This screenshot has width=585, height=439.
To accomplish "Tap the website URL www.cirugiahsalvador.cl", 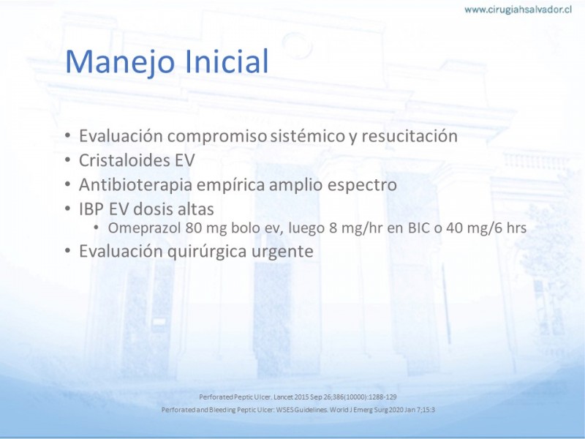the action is coord(518,10).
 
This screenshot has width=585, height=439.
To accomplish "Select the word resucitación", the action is coord(409,135).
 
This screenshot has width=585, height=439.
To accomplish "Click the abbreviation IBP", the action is coord(91,209).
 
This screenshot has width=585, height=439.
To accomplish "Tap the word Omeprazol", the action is coord(144,228).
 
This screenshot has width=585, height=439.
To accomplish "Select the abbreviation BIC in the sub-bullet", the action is coord(419,228).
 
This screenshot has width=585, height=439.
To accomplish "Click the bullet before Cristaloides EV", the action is coord(67,160).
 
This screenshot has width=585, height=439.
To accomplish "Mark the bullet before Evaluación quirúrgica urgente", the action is coord(67,251).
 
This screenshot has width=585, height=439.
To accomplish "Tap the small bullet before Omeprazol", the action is coord(97,228).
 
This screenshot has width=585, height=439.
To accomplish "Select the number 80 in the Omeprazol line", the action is coord(194,228).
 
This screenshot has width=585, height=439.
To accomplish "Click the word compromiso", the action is coord(217,136).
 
